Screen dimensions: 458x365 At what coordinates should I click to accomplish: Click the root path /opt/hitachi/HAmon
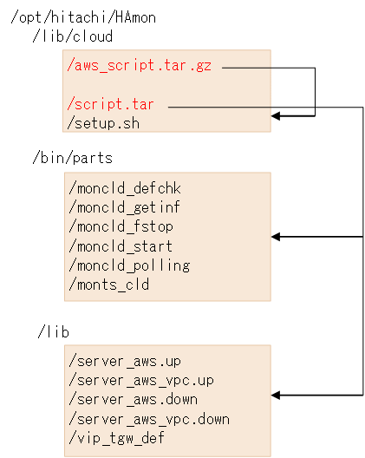[82, 17]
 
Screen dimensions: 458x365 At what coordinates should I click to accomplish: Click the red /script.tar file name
[111, 104]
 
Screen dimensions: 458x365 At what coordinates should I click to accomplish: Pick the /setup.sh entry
[103, 122]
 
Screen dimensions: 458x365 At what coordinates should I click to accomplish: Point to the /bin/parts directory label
[72, 159]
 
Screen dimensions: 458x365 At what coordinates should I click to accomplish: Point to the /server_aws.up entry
[123, 360]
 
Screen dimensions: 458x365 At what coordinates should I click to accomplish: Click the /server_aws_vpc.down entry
[147, 418]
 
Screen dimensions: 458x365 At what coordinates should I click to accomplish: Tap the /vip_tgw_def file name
[115, 437]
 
